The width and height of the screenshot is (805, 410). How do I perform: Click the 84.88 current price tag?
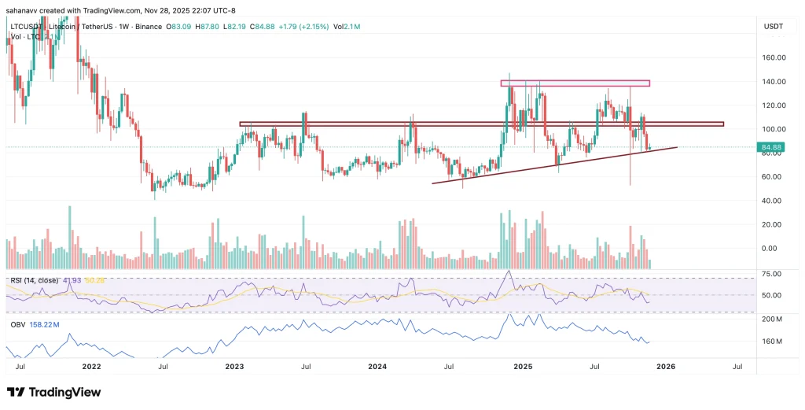pyautogui.click(x=770, y=146)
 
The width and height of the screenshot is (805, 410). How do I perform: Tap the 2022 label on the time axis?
pyautogui.click(x=91, y=367)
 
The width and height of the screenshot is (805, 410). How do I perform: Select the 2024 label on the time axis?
pyautogui.click(x=377, y=367)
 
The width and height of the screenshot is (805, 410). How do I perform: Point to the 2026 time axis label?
pyautogui.click(x=665, y=367)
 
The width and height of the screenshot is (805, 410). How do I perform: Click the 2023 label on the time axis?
pyautogui.click(x=234, y=367)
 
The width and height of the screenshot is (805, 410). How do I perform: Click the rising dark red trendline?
pyautogui.click(x=550, y=165)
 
